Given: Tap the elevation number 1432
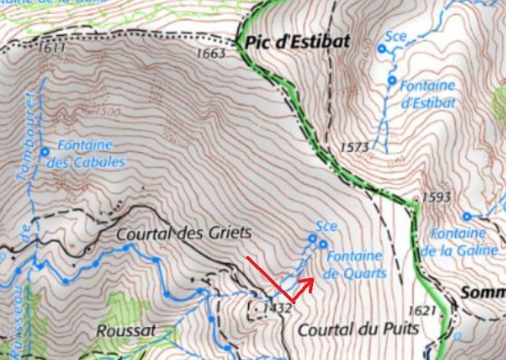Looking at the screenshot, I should pos(278,308).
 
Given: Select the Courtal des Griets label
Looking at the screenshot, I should pos(184,233).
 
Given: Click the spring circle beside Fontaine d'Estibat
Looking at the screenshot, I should pos(392,81).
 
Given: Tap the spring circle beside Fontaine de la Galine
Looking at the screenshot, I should pos(466,217).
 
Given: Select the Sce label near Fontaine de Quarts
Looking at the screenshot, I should pos(326,225).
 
